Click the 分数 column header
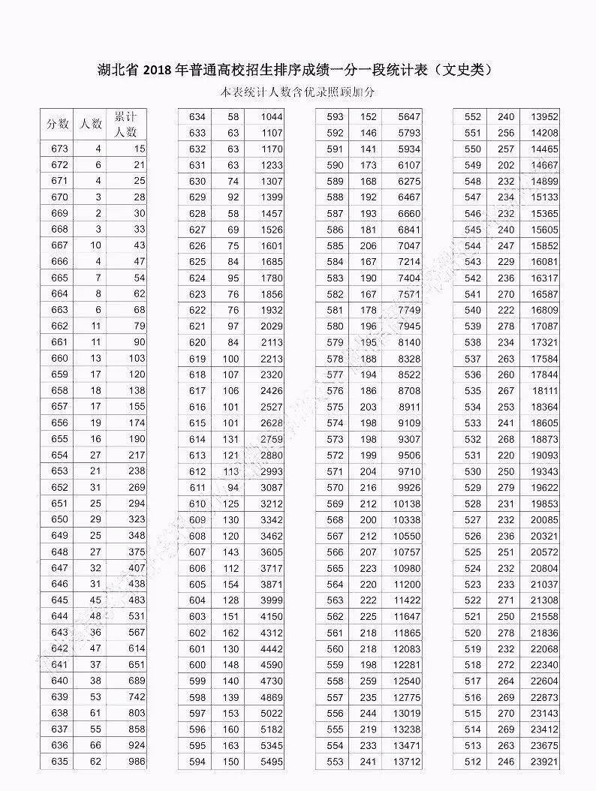coord(58,124)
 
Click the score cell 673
coord(59,149)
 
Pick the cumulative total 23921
coord(544,762)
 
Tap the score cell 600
coord(197,665)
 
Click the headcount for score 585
coord(368,245)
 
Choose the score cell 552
coord(473,116)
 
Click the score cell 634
coord(197,116)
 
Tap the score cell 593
coord(336,116)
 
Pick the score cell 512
coord(473,762)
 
